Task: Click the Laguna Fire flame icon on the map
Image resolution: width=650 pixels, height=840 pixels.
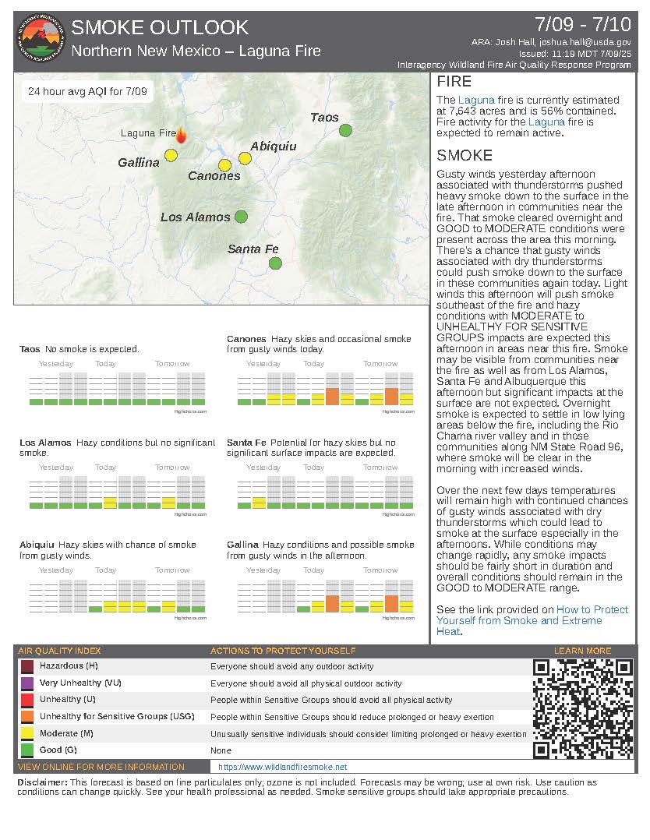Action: coord(182,135)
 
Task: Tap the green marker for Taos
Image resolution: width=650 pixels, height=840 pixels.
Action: coord(345,130)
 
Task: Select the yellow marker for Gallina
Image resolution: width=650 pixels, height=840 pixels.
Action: coord(171,155)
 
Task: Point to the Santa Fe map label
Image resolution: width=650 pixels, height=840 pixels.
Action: coord(253,249)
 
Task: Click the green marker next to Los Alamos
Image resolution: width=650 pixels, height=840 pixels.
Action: coord(241,217)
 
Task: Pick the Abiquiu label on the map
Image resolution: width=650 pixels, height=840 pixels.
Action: coord(273,146)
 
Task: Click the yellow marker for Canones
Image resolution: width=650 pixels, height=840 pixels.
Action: coord(224,165)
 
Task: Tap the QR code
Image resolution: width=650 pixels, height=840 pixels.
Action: coord(582,708)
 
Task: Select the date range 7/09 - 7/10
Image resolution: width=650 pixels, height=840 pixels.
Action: coord(585,23)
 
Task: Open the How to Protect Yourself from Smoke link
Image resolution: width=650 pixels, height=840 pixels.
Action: coord(532,615)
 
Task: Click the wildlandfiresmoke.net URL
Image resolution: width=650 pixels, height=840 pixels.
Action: coord(282,768)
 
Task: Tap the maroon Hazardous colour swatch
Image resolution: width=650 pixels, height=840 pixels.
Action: coord(27,667)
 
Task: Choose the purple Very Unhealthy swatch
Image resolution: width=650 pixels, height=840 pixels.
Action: coord(27,683)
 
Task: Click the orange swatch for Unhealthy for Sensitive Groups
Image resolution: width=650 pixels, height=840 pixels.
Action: coord(27,717)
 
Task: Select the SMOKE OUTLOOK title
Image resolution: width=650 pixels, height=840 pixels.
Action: coord(160,28)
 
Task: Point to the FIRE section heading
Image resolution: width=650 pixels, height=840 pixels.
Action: coord(454,82)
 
